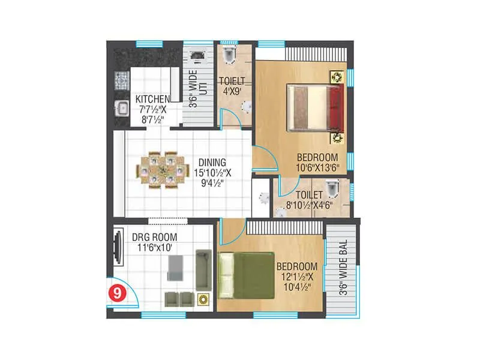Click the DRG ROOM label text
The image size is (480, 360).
154,236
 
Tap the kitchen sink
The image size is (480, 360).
121,110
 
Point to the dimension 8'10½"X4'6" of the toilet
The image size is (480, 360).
310,205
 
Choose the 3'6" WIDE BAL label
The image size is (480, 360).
344,270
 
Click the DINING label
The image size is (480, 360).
212,163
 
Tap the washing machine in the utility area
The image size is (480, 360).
197,57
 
